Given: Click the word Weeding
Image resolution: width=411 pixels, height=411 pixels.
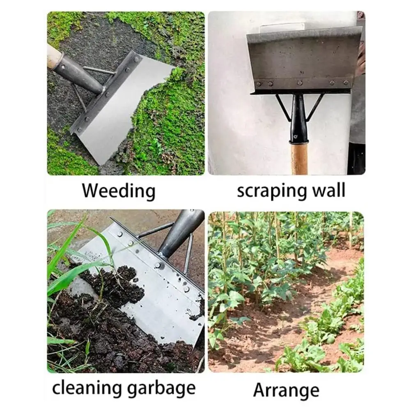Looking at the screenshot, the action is (119, 191).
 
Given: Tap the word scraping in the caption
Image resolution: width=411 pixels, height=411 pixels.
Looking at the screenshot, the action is (271, 191).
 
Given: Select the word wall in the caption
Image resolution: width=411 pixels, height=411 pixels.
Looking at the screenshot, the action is (329, 190).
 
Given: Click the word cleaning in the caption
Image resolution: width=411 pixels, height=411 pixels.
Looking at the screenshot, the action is (87, 388).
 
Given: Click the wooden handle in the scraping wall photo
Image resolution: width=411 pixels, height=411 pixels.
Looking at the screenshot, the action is (299, 158).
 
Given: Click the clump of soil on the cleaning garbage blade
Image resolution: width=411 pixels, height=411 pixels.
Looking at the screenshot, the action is (115, 283).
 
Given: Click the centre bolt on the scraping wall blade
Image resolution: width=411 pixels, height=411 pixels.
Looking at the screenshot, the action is (300, 83).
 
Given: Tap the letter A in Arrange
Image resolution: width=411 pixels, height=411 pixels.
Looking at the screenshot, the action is (260, 390).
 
